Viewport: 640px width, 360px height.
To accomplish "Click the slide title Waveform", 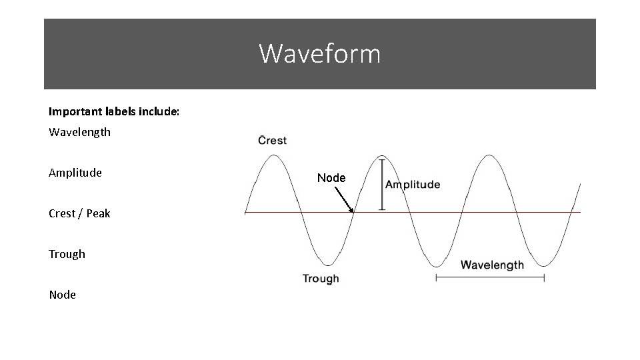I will tap(320, 53).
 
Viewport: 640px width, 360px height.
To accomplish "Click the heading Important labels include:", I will tap(113, 111).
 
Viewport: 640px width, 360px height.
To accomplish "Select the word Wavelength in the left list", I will tap(79, 132).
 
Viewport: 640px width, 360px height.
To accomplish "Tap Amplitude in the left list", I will tap(75, 173).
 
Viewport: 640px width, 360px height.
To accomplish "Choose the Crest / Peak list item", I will tap(79, 213).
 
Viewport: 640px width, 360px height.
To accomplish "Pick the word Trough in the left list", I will tap(67, 254).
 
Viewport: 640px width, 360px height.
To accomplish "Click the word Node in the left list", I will tap(62, 295).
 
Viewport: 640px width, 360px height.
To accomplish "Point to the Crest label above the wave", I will tap(272, 140).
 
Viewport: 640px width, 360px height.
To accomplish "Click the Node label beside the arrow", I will tap(331, 178).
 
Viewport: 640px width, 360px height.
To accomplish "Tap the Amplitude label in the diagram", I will tap(413, 185).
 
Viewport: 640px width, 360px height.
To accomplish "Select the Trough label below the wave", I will tap(321, 279).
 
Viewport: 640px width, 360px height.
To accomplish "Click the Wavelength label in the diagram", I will tap(492, 265).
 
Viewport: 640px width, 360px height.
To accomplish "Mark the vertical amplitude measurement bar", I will tap(381, 184).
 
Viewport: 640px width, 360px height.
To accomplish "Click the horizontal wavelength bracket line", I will tap(490, 278).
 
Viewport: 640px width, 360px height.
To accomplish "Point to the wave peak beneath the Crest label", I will tap(273, 155).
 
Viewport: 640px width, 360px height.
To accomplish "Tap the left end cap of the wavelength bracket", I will tap(436, 278).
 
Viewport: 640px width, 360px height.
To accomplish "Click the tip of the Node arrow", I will tap(353, 211).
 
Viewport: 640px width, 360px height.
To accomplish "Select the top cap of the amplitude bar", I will tap(381, 159).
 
